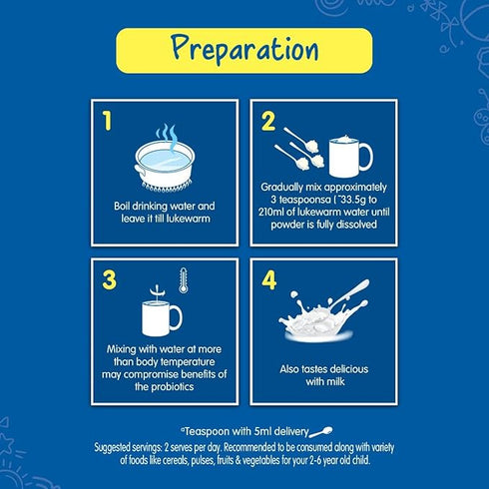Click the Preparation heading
click(244, 48)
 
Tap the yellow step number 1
click(108, 122)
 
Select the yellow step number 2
click(268, 122)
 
